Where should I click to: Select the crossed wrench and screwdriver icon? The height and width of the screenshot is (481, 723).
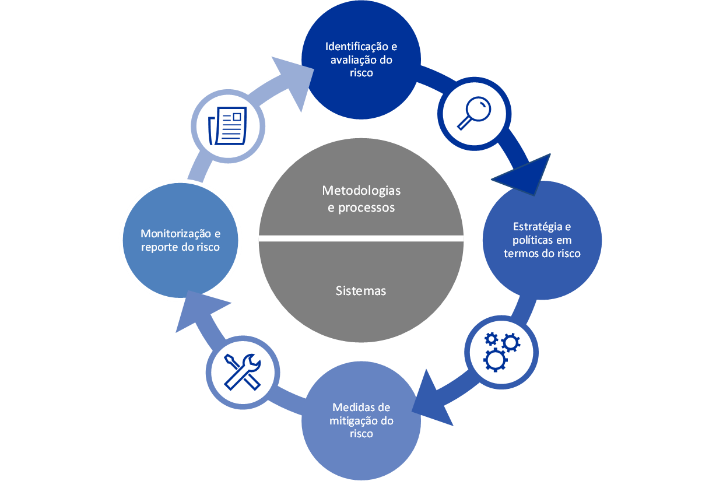tap(243, 371)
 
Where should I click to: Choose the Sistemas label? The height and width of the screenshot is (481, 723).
tap(361, 291)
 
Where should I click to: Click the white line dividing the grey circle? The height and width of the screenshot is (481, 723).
tap(361, 238)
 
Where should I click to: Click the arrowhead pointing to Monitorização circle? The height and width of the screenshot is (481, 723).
tap(201, 310)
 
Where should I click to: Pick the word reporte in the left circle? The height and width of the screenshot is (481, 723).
tap(161, 247)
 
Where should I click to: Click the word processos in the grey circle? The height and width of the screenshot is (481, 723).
tap(366, 208)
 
